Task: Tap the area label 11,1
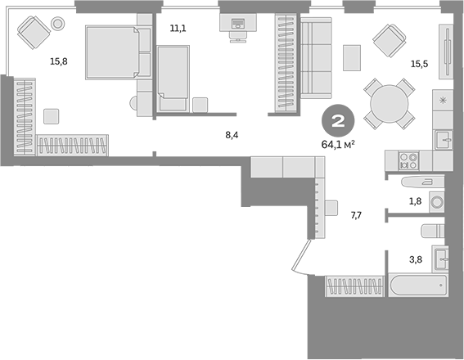pyautogui.click(x=178, y=29)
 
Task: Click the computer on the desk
pyautogui.click(x=237, y=25)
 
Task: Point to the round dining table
pyautogui.click(x=386, y=102)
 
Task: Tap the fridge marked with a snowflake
pyautogui.click(x=443, y=101)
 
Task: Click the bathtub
pyautogui.click(x=417, y=287)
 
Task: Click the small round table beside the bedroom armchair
pyautogui.click(x=57, y=25)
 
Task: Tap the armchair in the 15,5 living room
pyautogui.click(x=386, y=38)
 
